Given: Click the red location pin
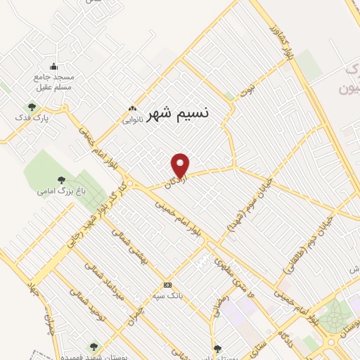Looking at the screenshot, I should coord(181,165).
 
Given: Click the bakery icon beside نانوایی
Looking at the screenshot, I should coord(131,109).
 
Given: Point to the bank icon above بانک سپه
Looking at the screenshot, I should coord(167,285).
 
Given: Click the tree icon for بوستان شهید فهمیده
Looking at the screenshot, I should coord(94,346).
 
